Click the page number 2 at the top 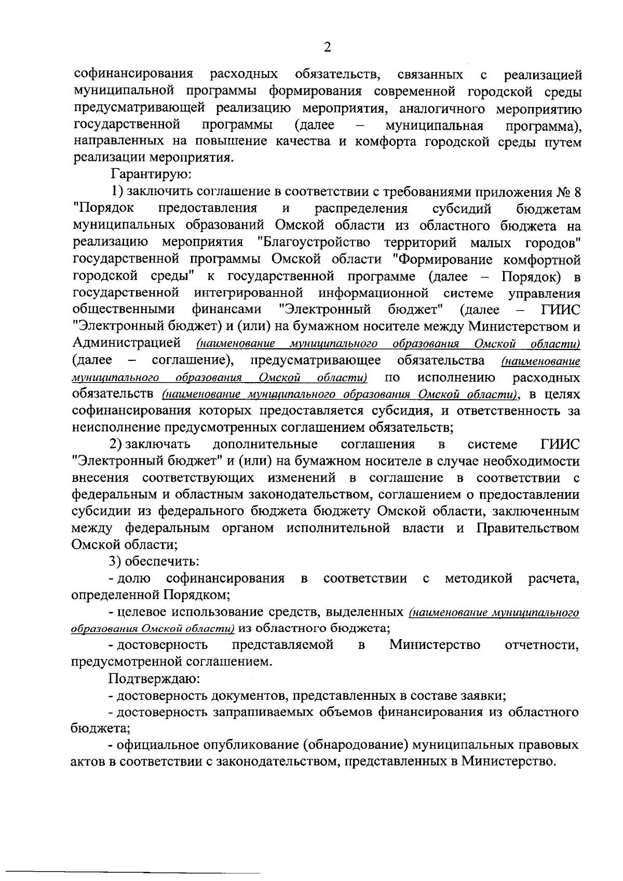[327, 48]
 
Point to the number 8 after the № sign [576, 192]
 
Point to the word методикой [479, 578]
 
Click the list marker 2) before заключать [115, 444]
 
